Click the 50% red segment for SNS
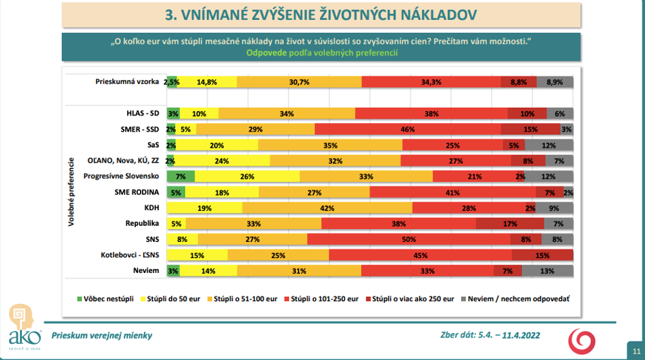[x=409, y=239]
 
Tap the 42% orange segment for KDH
[x=327, y=208]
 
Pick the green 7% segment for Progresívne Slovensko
[x=181, y=176]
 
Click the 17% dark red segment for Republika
[x=510, y=223]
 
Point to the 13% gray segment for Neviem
[x=548, y=270]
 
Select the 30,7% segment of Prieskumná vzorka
[x=299, y=82]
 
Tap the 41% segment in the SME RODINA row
[x=452, y=192]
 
